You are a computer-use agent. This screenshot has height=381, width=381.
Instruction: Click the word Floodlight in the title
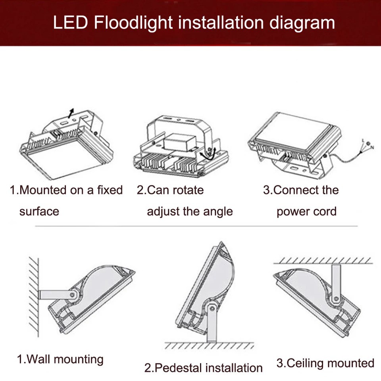[x=133, y=23]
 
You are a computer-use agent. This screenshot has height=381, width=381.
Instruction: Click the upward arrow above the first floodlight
[x=71, y=113]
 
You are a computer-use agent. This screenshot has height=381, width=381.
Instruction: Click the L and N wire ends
[x=368, y=146]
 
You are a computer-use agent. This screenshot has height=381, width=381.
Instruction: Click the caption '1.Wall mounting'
[x=60, y=360]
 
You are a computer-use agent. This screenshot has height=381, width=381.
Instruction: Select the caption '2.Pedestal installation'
[x=203, y=368]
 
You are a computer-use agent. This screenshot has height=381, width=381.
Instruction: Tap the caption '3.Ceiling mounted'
[x=325, y=363]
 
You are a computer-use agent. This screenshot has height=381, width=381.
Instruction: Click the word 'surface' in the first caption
[x=39, y=212]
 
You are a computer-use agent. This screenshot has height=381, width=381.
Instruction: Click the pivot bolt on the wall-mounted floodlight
[x=72, y=295]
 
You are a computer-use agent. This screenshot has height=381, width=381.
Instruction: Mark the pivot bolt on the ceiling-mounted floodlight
[x=336, y=298]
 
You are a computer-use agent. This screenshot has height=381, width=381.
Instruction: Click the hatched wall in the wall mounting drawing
[x=34, y=297]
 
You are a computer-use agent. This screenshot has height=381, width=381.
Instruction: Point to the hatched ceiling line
[x=323, y=261]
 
